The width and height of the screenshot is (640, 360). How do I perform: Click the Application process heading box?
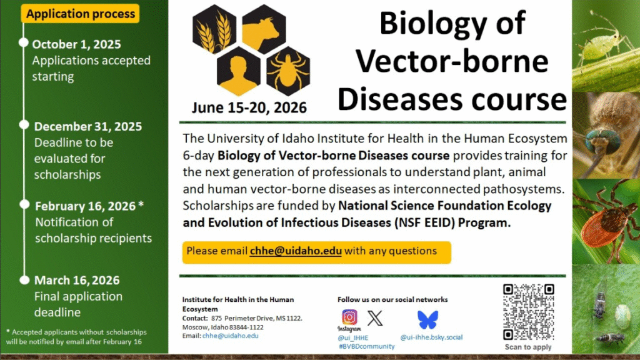pyautogui.click(x=80, y=14)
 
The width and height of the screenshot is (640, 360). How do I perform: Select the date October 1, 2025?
pyautogui.click(x=76, y=44)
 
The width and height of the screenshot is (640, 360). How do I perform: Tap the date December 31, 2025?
pyautogui.click(x=87, y=126)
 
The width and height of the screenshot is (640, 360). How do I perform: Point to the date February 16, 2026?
pyautogui.click(x=85, y=206)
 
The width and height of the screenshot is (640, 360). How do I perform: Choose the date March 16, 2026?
pyautogui.click(x=77, y=281)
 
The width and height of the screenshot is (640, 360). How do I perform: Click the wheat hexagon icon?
pyautogui.click(x=214, y=29)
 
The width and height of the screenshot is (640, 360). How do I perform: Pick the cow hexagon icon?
pyautogui.click(x=264, y=29)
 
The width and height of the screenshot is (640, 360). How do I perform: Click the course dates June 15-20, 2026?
pyautogui.click(x=249, y=107)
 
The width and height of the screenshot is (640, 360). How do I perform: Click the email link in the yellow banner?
pyautogui.click(x=296, y=251)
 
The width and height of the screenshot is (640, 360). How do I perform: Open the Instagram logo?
pyautogui.click(x=349, y=317)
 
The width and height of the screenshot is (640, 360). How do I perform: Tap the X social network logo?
pyautogui.click(x=375, y=318)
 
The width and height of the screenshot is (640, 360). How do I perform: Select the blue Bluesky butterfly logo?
pyautogui.click(x=427, y=319)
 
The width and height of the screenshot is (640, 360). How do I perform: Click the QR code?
pyautogui.click(x=528, y=312)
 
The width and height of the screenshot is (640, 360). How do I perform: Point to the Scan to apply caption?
pyautogui.click(x=527, y=347)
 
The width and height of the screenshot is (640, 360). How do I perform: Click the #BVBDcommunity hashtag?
pyautogui.click(x=366, y=346)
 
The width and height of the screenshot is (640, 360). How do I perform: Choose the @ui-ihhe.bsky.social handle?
pyautogui.click(x=431, y=337)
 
